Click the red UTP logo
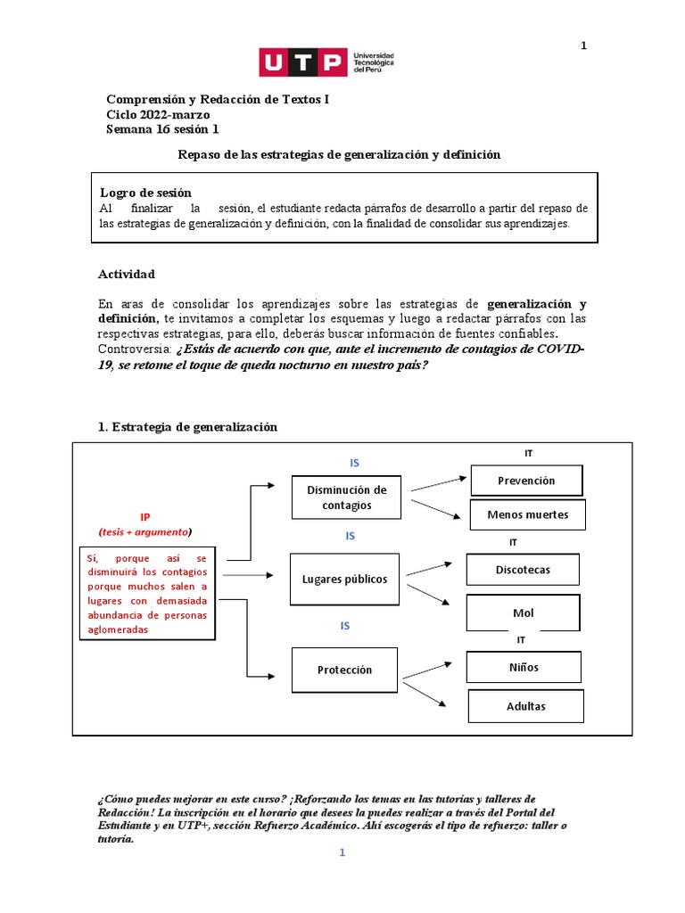click(302, 62)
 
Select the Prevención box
click(526, 481)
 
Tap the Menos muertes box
click(527, 514)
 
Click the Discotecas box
click(523, 570)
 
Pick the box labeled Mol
click(524, 613)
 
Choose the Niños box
click(524, 667)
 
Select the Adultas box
click(526, 706)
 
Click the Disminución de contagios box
click(346, 498)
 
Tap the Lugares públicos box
click(345, 579)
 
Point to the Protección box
click(344, 670)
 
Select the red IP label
click(145, 517)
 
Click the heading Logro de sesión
click(144, 193)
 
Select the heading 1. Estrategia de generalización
click(187, 427)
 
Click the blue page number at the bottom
click(341, 853)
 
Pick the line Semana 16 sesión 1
click(162, 129)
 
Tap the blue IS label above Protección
click(345, 626)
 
